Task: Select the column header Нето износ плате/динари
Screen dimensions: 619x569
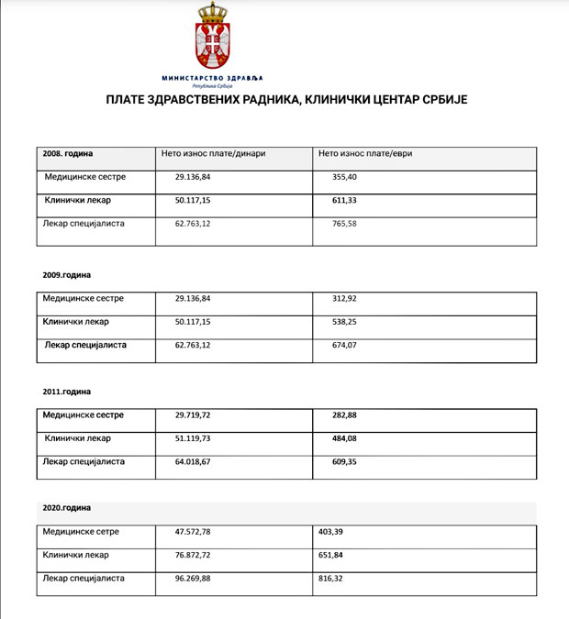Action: (213, 154)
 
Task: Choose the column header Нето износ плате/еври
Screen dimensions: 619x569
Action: (365, 154)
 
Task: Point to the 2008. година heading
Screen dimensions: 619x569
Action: (68, 154)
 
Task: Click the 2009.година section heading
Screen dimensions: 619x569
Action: (67, 274)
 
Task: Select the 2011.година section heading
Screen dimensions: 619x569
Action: (67, 392)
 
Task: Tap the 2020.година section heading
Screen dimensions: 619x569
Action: (67, 507)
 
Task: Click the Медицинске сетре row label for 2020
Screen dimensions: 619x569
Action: (82, 532)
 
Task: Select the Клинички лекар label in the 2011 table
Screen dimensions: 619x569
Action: (78, 438)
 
